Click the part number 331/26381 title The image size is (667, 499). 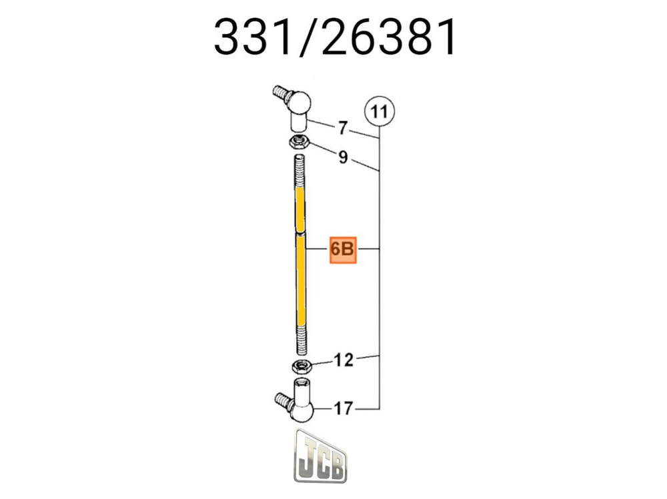tap(336, 38)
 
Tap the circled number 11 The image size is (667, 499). tap(380, 111)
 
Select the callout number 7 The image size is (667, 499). tap(343, 127)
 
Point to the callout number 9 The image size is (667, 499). tap(343, 158)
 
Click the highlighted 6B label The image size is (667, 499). tap(343, 250)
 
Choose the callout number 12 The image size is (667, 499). tap(343, 360)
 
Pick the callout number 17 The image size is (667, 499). tap(343, 408)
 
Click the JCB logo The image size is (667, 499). tap(320, 458)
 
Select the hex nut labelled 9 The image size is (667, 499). tap(297, 141)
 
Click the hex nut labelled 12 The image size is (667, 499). tap(300, 366)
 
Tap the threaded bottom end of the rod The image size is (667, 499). tap(299, 340)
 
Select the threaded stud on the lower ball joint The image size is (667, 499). tap(282, 400)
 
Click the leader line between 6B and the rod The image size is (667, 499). tap(317, 250)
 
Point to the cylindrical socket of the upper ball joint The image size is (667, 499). tap(298, 123)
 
